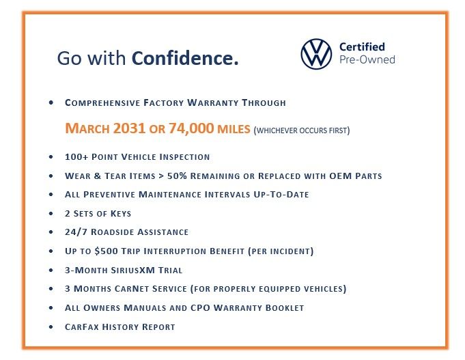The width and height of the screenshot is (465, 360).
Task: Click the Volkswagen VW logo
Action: (x=316, y=54)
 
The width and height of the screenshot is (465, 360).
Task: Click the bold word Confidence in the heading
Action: (x=185, y=58)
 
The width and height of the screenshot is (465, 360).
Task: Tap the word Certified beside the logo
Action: (x=362, y=47)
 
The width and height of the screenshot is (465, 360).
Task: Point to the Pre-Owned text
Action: (x=367, y=59)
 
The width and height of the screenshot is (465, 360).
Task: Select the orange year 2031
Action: (x=129, y=128)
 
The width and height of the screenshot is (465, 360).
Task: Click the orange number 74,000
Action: (x=191, y=128)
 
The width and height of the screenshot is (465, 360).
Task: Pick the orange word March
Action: (x=87, y=128)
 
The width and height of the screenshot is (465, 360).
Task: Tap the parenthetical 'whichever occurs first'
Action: (x=302, y=130)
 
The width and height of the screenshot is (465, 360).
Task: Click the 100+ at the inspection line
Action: (x=76, y=156)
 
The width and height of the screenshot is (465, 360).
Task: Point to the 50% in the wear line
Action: (x=177, y=176)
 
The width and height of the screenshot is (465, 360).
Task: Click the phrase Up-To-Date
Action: (x=281, y=195)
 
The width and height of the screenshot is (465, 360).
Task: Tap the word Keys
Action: (x=121, y=213)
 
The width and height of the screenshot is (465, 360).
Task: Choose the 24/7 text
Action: (x=76, y=232)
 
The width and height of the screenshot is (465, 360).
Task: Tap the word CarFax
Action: (x=81, y=327)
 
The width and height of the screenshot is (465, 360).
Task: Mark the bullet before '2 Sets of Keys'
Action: (x=51, y=213)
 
